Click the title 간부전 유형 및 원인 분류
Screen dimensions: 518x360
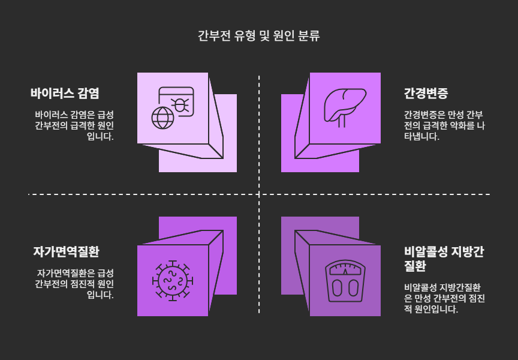pyautogui.click(x=259, y=35)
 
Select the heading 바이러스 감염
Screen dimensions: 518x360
pyautogui.click(x=65, y=94)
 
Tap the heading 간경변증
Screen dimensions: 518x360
pyautogui.click(x=426, y=94)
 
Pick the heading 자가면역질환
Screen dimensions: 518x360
pyautogui.click(x=66, y=251)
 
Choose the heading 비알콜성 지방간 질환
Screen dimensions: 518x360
pyautogui.click(x=444, y=259)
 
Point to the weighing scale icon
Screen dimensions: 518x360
pyautogui.click(x=345, y=280)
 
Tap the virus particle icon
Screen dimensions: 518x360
pyautogui.click(x=173, y=280)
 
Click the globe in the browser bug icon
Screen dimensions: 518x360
pyautogui.click(x=161, y=118)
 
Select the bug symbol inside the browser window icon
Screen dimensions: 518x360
pyautogui.click(x=180, y=106)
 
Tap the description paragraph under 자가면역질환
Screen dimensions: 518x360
pyautogui.click(x=74, y=283)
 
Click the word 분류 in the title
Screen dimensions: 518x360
pyautogui.click(x=309, y=35)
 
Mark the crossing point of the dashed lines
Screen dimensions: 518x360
pyautogui.click(x=259, y=194)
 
